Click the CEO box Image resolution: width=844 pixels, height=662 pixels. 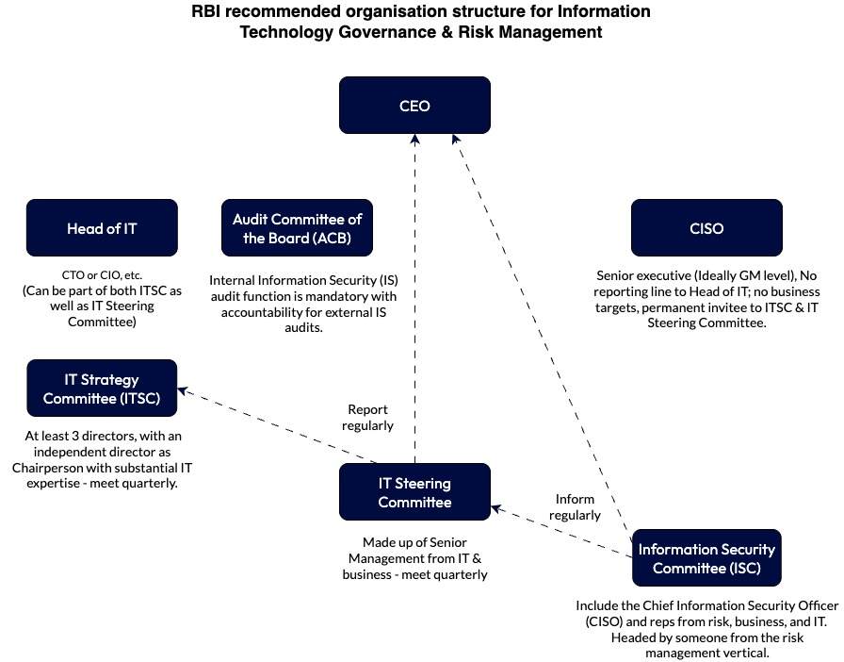pyautogui.click(x=414, y=105)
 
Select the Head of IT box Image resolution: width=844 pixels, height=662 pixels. pyautogui.click(x=102, y=227)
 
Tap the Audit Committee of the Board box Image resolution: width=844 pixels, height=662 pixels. pyautogui.click(x=297, y=227)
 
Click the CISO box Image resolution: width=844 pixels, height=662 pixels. pyautogui.click(x=706, y=227)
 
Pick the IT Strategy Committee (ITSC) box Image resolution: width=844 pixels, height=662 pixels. pyautogui.click(x=102, y=388)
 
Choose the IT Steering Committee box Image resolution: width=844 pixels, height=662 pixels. pyautogui.click(x=414, y=491)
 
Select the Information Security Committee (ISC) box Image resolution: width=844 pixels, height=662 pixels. pyautogui.click(x=706, y=557)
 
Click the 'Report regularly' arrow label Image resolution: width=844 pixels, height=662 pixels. pyautogui.click(x=367, y=418)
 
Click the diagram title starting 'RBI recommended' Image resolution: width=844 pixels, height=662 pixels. pyautogui.click(x=420, y=22)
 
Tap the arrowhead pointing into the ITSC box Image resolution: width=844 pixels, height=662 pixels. pyautogui.click(x=182, y=390)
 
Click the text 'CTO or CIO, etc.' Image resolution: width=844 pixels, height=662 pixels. pyautogui.click(x=102, y=275)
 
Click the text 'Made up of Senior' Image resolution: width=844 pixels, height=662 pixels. pyautogui.click(x=414, y=542)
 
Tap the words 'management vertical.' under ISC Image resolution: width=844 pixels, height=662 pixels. pyautogui.click(x=706, y=651)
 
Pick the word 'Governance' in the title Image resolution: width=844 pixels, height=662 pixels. pyautogui.click(x=421, y=32)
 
